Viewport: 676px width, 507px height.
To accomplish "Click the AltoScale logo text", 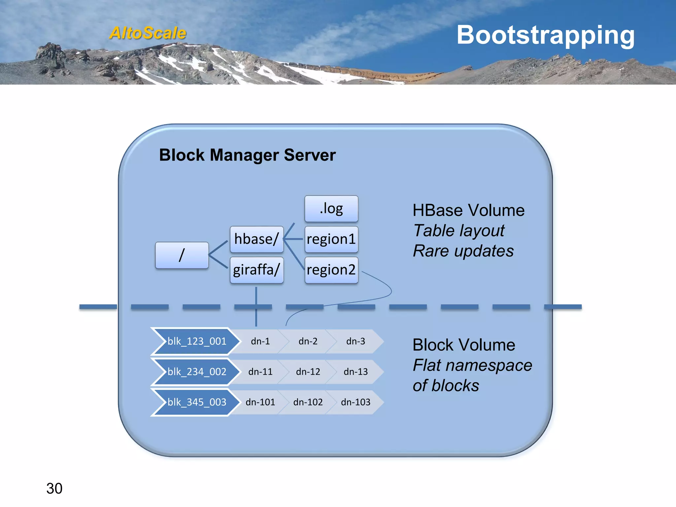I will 148,33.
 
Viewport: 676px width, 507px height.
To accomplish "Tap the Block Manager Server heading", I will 247,155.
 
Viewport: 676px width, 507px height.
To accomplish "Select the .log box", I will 331,209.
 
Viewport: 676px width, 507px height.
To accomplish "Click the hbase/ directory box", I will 256,239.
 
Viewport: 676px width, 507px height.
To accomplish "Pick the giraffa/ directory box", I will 256,270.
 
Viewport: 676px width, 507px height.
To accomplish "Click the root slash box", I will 182,255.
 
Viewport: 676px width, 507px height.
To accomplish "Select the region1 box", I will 331,239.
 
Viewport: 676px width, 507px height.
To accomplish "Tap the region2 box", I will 331,270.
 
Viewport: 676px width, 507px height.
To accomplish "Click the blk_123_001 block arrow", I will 197,341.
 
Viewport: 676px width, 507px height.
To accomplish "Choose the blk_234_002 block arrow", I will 197,372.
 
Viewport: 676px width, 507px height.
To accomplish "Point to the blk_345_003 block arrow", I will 197,402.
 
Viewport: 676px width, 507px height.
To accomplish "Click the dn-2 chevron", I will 308,341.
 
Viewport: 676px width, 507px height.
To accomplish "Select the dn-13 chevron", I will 355,372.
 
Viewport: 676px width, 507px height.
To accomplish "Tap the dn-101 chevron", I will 260,402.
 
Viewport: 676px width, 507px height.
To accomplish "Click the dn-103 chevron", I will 355,402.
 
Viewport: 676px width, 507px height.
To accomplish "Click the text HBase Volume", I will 468,210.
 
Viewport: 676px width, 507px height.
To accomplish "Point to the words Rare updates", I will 463,251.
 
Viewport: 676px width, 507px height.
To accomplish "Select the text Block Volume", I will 464,345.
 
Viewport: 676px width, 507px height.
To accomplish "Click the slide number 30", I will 54,489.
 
